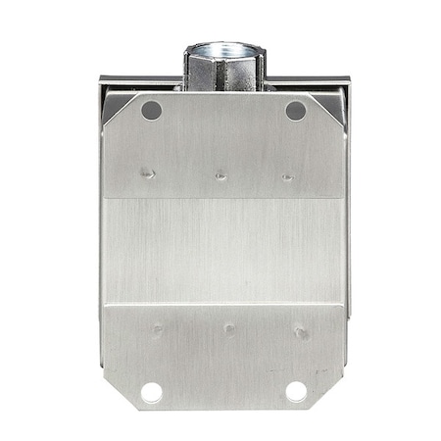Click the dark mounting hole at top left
coord(151,111)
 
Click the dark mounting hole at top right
coord(295,111)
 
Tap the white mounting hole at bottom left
coord(151,392)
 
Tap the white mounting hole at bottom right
coord(296,392)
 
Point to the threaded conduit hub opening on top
coord(223,49)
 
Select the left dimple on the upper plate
coord(147,173)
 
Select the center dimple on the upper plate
coord(220,176)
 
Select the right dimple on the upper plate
coord(287,177)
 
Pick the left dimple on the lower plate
coord(156,329)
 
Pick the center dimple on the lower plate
coord(228,329)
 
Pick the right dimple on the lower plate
coord(301,332)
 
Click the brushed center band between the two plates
coord(223,250)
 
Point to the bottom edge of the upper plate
coord(223,199)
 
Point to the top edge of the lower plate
coord(223,305)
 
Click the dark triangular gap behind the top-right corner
coord(336,102)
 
